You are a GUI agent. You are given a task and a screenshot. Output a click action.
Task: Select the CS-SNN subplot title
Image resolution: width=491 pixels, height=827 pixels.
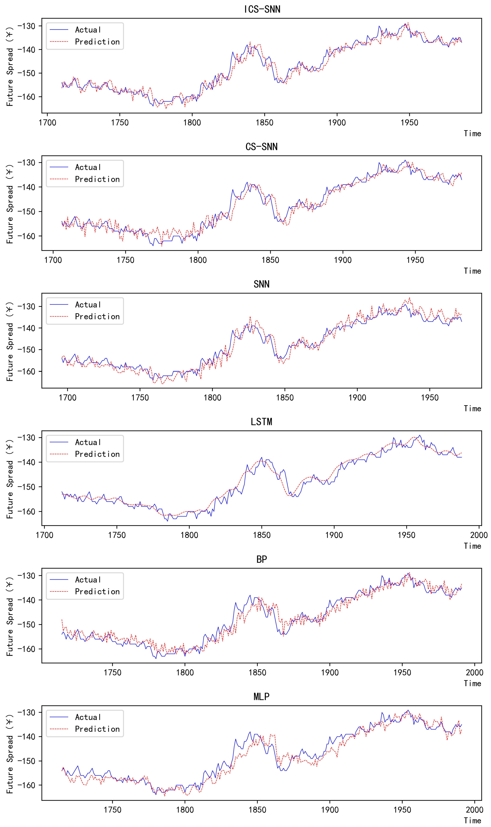tap(261, 147)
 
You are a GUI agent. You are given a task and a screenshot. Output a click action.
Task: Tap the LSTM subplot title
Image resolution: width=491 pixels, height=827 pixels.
tap(261, 422)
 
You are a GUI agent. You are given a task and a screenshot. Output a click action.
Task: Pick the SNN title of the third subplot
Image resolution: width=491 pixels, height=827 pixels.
tap(261, 284)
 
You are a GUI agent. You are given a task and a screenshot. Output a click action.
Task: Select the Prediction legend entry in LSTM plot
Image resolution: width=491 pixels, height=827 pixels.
tap(97, 454)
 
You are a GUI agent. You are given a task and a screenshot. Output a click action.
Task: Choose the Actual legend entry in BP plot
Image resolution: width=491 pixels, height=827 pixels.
tap(88, 580)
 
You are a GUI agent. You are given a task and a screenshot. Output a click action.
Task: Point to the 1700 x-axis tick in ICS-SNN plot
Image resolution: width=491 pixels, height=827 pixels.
tap(47, 123)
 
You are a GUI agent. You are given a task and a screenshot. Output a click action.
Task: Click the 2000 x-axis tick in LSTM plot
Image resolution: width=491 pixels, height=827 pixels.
tap(479, 535)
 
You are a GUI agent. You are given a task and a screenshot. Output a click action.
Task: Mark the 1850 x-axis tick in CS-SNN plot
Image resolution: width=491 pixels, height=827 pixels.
tap(270, 260)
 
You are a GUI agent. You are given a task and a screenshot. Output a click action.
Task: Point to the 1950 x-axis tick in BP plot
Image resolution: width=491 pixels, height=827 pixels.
tap(402, 673)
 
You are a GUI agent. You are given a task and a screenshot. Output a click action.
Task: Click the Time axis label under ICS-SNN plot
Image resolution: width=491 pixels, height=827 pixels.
tap(472, 134)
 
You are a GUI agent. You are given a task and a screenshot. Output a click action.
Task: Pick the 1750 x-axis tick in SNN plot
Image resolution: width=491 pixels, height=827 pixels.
tap(140, 398)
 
